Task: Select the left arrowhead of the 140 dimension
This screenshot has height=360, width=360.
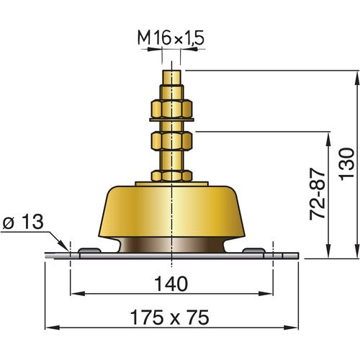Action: pos(74,293)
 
